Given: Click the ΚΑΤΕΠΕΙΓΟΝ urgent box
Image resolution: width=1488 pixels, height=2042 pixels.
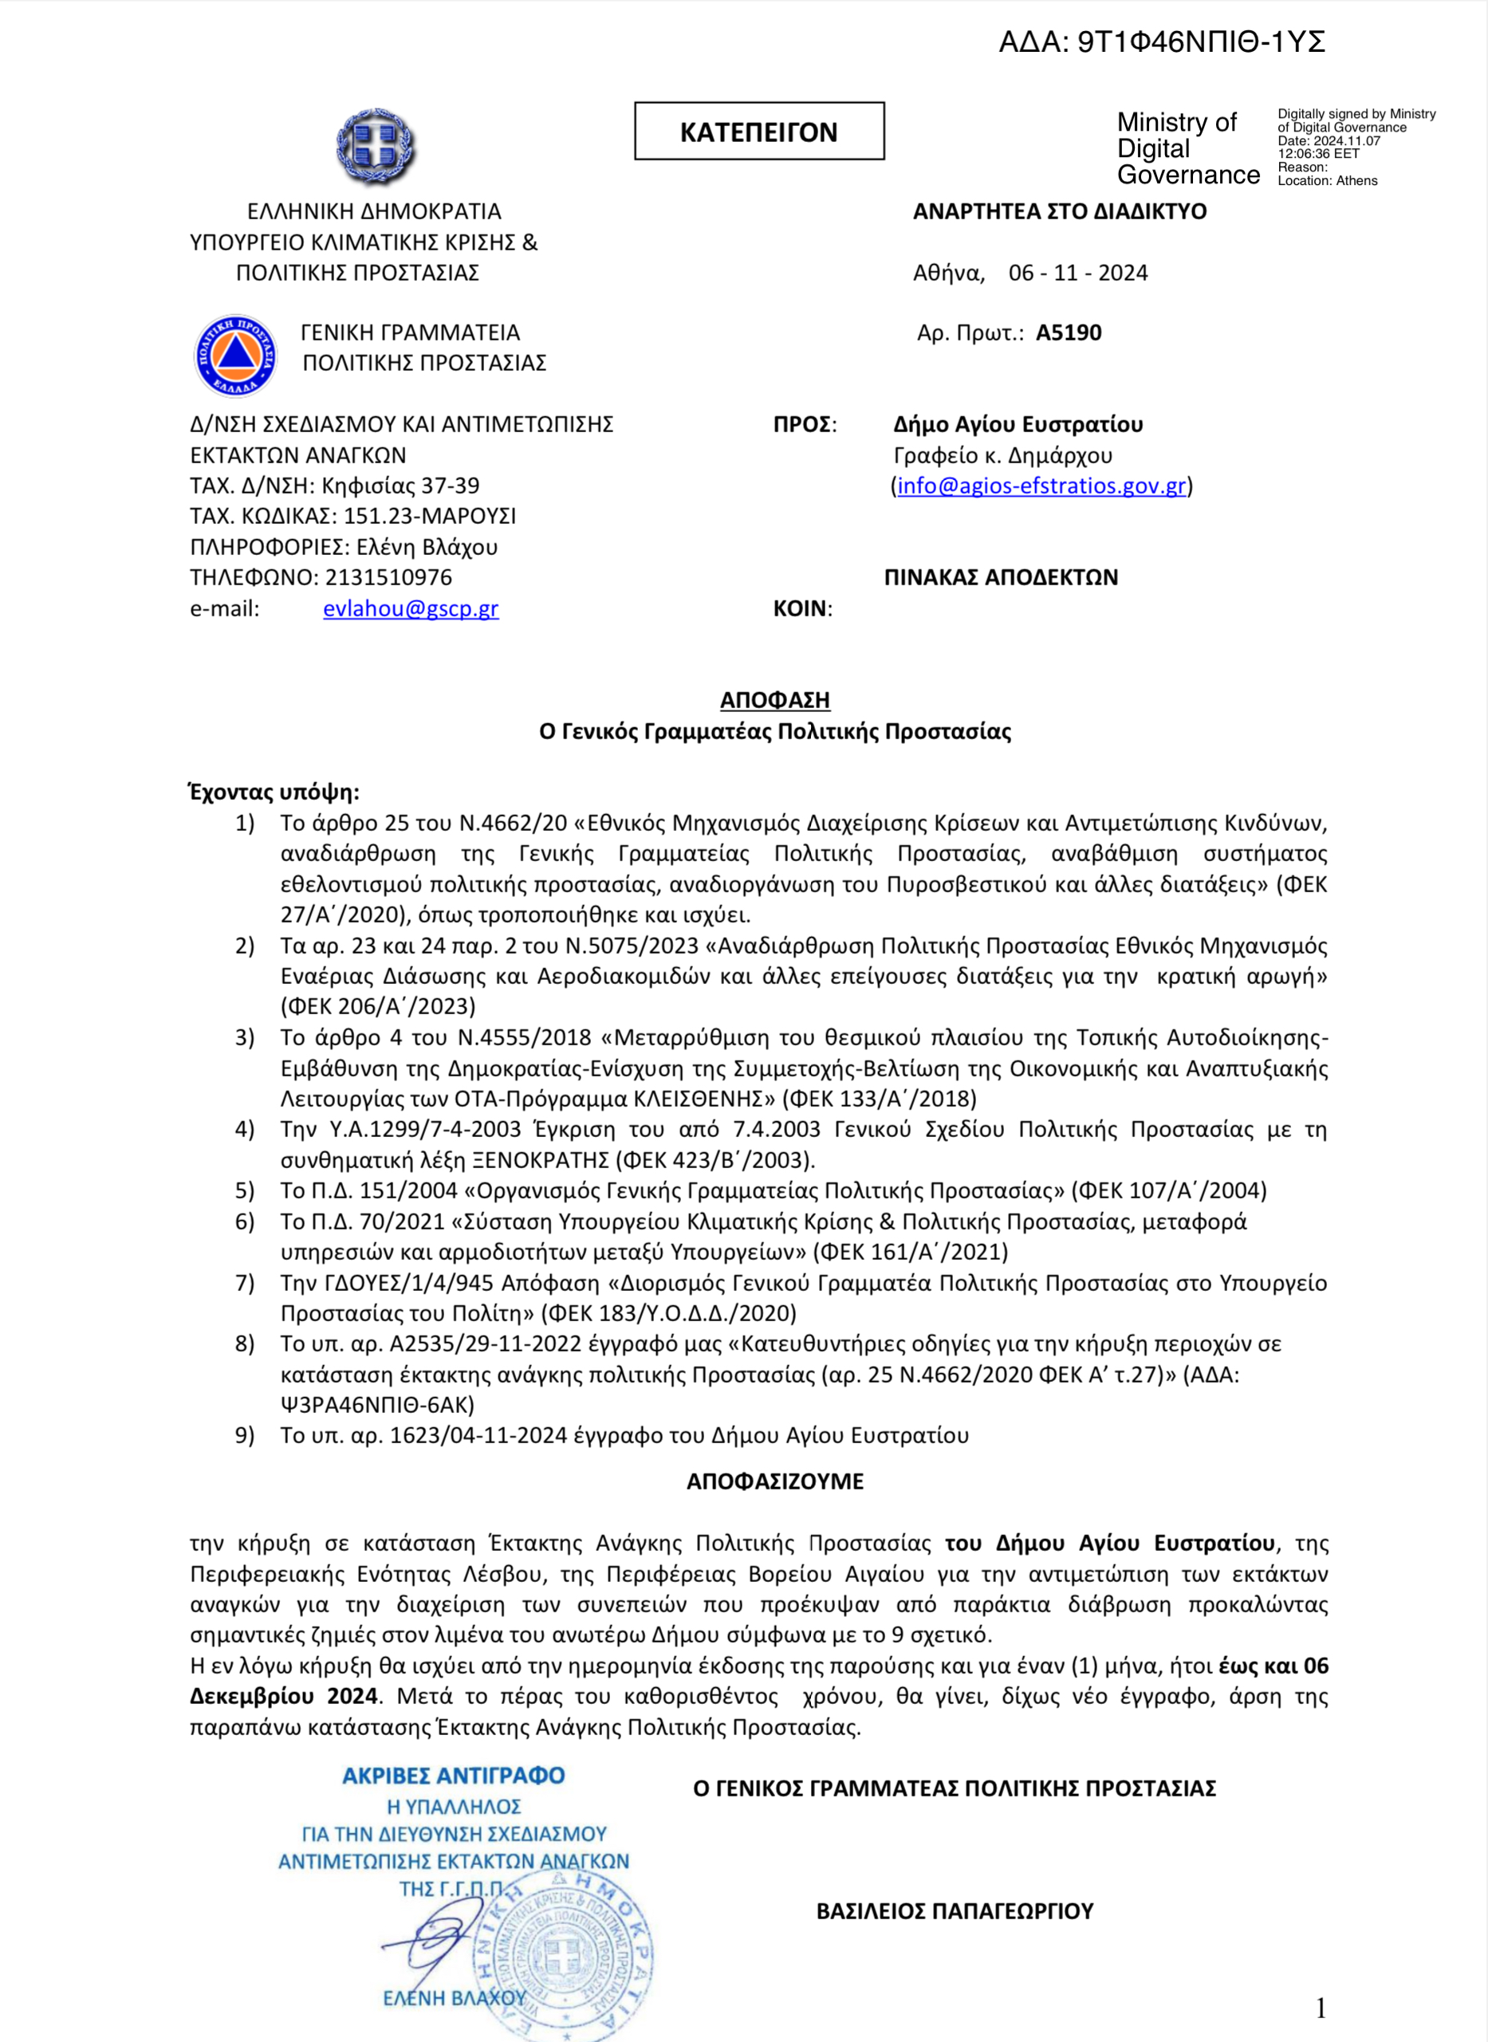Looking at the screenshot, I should (758, 132).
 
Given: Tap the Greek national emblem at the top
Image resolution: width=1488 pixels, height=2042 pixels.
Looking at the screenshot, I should (376, 146).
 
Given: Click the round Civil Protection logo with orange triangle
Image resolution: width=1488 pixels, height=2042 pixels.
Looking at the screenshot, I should (236, 356).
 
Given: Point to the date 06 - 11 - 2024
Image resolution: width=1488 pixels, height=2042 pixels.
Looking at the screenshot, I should (1078, 273).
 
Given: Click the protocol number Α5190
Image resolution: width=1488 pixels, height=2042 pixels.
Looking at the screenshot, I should (1069, 333).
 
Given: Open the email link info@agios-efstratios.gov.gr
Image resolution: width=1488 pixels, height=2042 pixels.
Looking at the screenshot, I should (1041, 486).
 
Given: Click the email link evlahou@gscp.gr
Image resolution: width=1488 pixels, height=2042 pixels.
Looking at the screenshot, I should (411, 609).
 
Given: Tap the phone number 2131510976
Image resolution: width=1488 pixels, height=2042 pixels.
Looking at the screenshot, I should (388, 577).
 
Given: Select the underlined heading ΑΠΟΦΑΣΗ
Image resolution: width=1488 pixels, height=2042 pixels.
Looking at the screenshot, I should (774, 700).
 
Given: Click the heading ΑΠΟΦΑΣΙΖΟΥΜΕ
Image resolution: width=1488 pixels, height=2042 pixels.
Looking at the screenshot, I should (774, 1481).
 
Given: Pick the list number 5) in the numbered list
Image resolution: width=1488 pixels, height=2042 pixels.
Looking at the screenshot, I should (245, 1190).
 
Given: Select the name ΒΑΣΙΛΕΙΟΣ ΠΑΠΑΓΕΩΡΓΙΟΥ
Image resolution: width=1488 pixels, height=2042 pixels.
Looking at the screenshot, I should (955, 1911).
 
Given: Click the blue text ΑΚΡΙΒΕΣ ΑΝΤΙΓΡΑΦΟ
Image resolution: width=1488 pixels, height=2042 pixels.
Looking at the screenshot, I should (453, 1776).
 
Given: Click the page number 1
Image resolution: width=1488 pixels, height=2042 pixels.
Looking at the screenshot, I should (1321, 2009).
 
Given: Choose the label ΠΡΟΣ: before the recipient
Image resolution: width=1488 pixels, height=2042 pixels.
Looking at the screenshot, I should (805, 425).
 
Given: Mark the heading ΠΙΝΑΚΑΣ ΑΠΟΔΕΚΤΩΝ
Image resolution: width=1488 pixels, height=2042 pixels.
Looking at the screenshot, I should (1001, 577).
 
